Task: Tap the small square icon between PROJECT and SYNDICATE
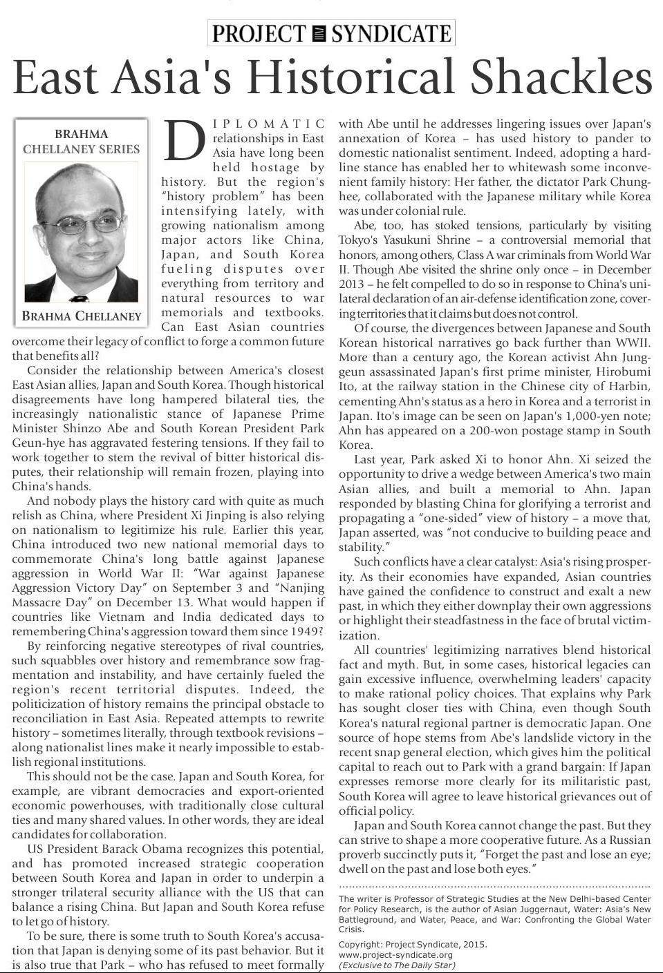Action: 319,34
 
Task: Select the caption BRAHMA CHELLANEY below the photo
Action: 81,316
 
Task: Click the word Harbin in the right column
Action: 630,386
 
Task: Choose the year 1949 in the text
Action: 306,631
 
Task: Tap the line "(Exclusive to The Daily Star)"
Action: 397,965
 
